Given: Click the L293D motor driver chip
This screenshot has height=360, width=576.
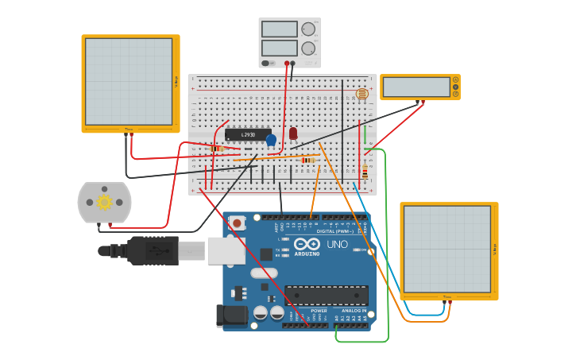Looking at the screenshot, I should [x=247, y=134].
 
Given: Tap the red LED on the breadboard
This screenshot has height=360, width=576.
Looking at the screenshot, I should [x=293, y=133].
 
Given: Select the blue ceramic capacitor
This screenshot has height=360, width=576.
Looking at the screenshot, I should [x=271, y=140].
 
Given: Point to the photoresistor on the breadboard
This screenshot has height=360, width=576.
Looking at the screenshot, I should [x=362, y=94].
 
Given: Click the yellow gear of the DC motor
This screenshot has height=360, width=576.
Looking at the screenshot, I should [x=104, y=202].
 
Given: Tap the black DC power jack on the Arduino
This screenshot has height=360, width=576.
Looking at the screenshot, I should [x=230, y=315].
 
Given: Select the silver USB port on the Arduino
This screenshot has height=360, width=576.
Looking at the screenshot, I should [x=226, y=250].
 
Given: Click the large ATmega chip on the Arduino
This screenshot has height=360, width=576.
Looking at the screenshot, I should [x=326, y=296].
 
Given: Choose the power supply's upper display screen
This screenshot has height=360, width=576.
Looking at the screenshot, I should [x=279, y=29].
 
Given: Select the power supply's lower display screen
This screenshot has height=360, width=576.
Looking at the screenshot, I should [x=279, y=48].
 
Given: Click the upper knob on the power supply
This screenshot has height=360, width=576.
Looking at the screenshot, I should [x=308, y=29].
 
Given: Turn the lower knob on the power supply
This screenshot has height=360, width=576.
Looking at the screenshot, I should [x=308, y=48].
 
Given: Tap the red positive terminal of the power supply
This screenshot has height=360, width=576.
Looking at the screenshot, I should [x=287, y=63].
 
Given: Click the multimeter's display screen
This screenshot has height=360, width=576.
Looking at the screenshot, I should [x=416, y=87].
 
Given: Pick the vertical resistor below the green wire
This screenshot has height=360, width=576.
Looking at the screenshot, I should [x=365, y=171].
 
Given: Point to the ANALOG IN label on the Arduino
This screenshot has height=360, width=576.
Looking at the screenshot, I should [x=352, y=311].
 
